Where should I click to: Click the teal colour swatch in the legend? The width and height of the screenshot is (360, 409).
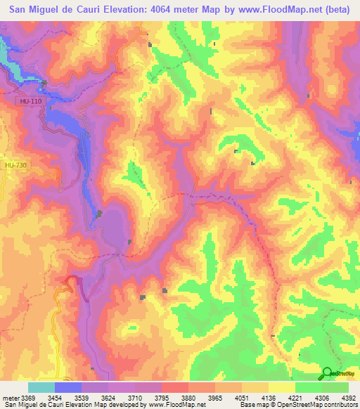tap(41, 387)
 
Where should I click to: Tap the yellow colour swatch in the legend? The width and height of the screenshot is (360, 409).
tap(281, 387)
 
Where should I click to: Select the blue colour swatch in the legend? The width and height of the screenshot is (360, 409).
tap(68, 387)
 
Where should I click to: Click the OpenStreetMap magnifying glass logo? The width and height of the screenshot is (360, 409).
tap(327, 374)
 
